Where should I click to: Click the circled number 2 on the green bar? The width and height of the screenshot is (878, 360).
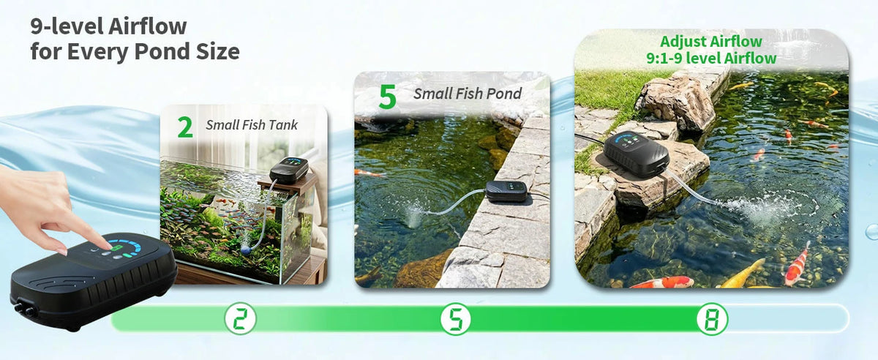click(240, 319)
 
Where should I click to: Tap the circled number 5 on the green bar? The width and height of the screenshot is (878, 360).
click(455, 319)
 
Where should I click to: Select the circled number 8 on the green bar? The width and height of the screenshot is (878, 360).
click(712, 319)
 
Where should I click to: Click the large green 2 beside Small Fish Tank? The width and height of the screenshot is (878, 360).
click(185, 127)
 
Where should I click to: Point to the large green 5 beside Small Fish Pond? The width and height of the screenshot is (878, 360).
click(387, 97)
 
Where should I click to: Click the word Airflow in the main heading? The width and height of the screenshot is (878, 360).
click(147, 26)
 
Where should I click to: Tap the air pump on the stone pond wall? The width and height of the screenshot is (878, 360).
click(507, 191)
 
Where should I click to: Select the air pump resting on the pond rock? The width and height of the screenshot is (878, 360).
click(636, 154)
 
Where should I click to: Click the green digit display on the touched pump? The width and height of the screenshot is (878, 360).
click(116, 248)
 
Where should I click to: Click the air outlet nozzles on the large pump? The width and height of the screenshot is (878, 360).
click(24, 310)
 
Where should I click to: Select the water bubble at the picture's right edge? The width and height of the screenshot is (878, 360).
click(871, 232)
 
